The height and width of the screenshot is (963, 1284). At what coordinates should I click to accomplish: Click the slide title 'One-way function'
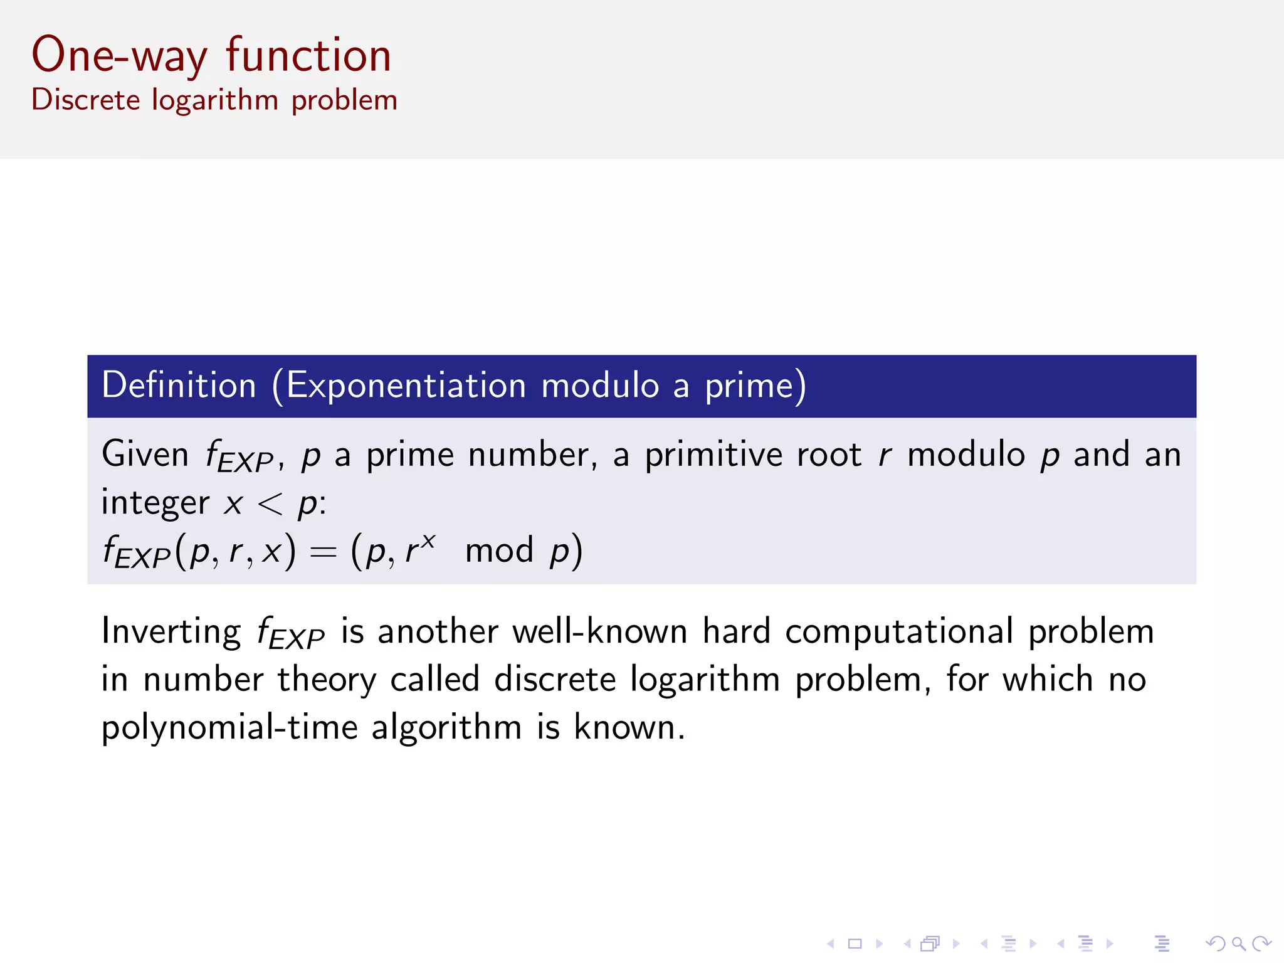point(212,56)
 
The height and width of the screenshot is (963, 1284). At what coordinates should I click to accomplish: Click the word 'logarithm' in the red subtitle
point(215,100)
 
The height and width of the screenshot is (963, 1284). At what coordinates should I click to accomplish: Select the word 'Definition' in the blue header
point(179,385)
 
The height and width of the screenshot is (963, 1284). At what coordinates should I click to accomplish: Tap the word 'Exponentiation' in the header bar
point(406,385)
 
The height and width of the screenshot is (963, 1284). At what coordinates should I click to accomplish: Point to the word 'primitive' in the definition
point(713,455)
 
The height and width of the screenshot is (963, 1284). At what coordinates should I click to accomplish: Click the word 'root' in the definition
point(829,455)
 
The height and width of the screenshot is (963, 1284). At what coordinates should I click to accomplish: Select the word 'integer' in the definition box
point(155,503)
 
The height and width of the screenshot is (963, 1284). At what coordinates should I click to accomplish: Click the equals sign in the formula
point(324,552)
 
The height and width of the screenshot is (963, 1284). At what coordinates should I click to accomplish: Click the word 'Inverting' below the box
point(171,631)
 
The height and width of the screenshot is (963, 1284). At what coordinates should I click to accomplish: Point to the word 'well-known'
point(600,631)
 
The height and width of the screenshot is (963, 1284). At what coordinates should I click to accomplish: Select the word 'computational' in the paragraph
point(899,631)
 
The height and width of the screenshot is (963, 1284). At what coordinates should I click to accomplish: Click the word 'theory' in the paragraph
point(327,680)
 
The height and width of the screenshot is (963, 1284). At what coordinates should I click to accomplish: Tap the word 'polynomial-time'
point(229,728)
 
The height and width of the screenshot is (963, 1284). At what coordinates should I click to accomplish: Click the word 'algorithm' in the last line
point(446,728)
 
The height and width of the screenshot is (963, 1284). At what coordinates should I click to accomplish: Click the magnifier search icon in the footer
point(1238,944)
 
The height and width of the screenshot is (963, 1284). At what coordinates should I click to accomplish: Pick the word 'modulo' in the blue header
point(601,385)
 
